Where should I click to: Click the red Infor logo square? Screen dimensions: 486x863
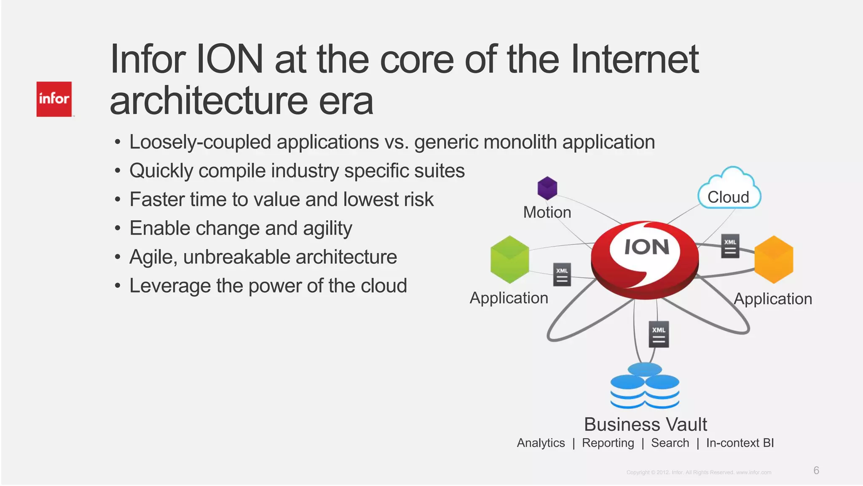[x=54, y=99]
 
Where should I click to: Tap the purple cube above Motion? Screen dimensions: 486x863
[x=547, y=188]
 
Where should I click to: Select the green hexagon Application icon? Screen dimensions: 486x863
[x=510, y=259]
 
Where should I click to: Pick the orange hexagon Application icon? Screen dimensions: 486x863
[x=774, y=259]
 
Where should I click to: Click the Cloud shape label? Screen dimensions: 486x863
[x=729, y=197]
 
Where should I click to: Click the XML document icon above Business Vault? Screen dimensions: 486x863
[x=659, y=334]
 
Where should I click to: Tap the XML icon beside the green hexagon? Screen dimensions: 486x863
[x=562, y=275]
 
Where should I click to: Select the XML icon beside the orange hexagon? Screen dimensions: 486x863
[x=730, y=246]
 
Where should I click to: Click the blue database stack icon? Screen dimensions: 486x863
[x=645, y=386]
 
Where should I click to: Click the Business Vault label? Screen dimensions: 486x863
[x=645, y=424]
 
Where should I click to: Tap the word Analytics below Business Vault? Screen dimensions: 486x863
[x=541, y=443]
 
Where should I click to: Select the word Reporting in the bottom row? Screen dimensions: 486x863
[x=608, y=443]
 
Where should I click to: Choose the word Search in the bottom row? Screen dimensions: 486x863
[x=670, y=443]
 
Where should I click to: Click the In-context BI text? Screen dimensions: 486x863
[x=740, y=443]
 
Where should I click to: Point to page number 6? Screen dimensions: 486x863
[x=816, y=470]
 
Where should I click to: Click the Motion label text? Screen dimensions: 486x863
[x=547, y=212]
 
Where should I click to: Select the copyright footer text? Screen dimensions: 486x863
[x=699, y=472]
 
